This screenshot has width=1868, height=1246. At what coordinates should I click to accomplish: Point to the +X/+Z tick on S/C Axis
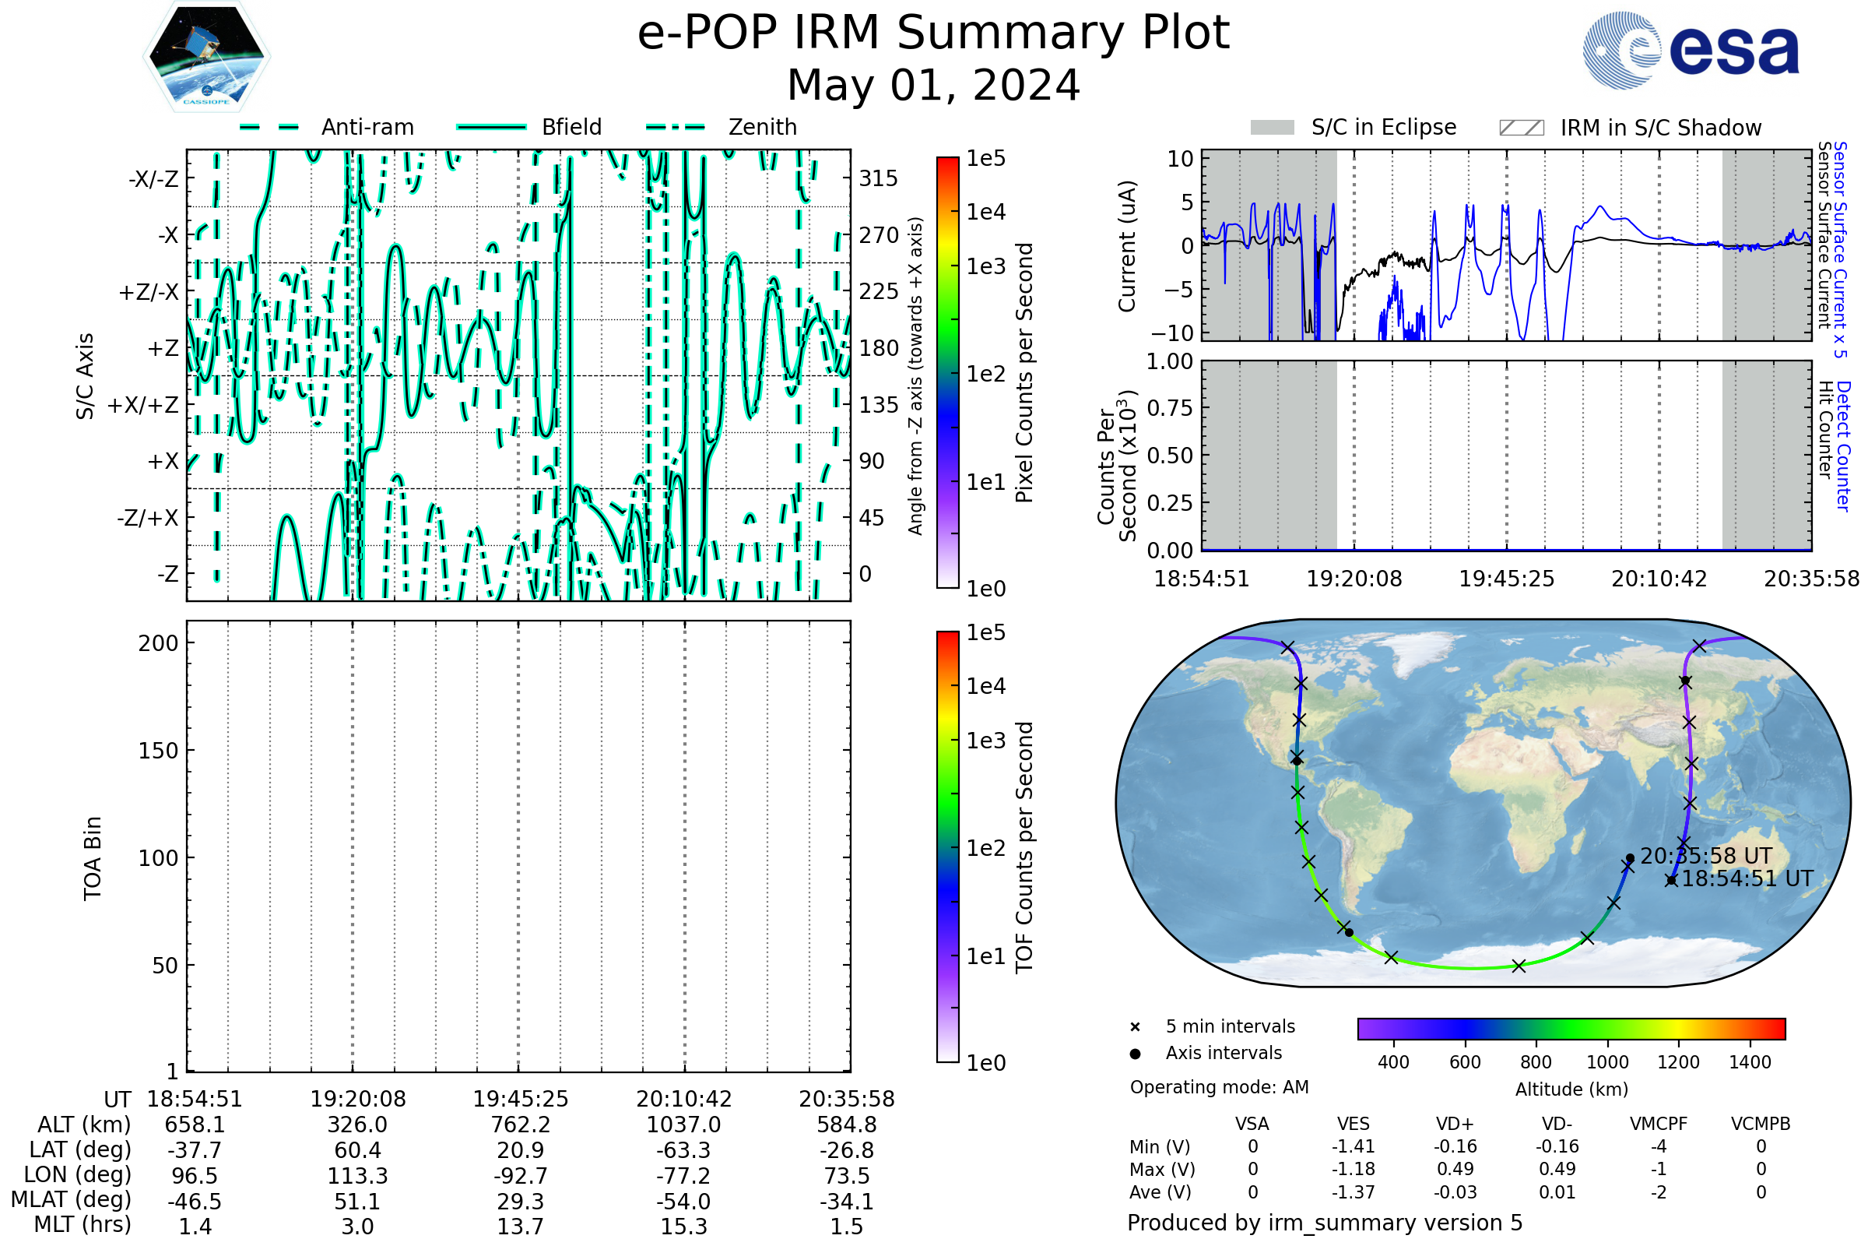(x=144, y=405)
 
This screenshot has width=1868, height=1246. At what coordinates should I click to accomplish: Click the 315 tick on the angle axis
(x=878, y=178)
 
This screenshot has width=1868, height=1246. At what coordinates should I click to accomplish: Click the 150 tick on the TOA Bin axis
(x=158, y=751)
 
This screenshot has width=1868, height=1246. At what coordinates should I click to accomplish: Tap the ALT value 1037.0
(x=683, y=1125)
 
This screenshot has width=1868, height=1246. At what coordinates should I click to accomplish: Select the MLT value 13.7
(x=520, y=1226)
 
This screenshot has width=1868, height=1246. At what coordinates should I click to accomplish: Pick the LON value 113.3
(x=357, y=1175)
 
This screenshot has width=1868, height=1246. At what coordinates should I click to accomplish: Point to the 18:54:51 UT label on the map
(x=1747, y=879)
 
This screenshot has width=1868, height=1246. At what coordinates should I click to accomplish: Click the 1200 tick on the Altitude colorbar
(x=1678, y=1062)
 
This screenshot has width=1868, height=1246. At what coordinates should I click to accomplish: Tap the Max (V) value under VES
(x=1354, y=1169)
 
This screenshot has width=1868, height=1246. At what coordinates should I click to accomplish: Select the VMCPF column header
(x=1659, y=1124)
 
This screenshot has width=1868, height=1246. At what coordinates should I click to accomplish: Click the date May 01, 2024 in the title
(x=933, y=85)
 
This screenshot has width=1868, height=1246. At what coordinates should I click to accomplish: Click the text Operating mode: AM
(x=1219, y=1087)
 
